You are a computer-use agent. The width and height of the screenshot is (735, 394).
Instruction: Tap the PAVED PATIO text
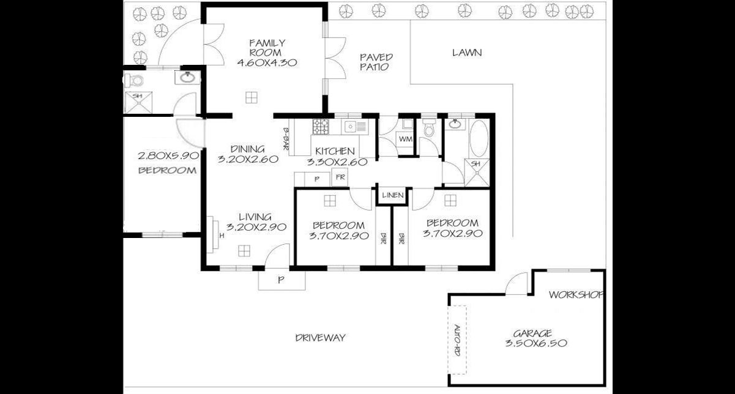click(376, 62)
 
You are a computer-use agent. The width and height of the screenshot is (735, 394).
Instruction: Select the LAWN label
click(467, 53)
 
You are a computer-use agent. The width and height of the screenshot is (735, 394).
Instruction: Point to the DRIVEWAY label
click(320, 338)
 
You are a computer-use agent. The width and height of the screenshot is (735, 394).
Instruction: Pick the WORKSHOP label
click(576, 295)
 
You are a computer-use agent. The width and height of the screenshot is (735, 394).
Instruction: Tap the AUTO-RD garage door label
click(457, 341)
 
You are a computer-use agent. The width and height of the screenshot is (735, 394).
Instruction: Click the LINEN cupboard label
click(392, 196)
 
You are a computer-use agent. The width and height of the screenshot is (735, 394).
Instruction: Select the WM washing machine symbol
click(405, 139)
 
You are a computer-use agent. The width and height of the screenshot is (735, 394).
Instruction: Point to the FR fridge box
click(339, 178)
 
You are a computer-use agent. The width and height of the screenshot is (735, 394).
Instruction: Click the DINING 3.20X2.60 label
click(248, 154)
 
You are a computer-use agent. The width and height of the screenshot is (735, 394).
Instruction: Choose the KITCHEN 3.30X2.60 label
click(336, 157)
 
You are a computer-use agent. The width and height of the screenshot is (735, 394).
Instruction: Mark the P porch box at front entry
click(281, 280)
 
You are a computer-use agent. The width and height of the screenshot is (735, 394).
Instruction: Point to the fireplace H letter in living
click(222, 235)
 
